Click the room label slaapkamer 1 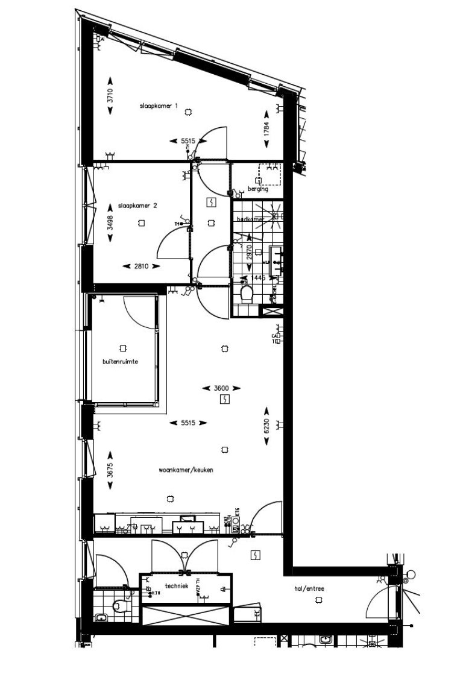point(159,106)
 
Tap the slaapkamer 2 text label point(137,206)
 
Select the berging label point(257,189)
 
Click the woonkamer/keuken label point(186,470)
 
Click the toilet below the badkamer point(246,294)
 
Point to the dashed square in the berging point(269,174)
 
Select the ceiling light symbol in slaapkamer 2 point(141,223)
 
